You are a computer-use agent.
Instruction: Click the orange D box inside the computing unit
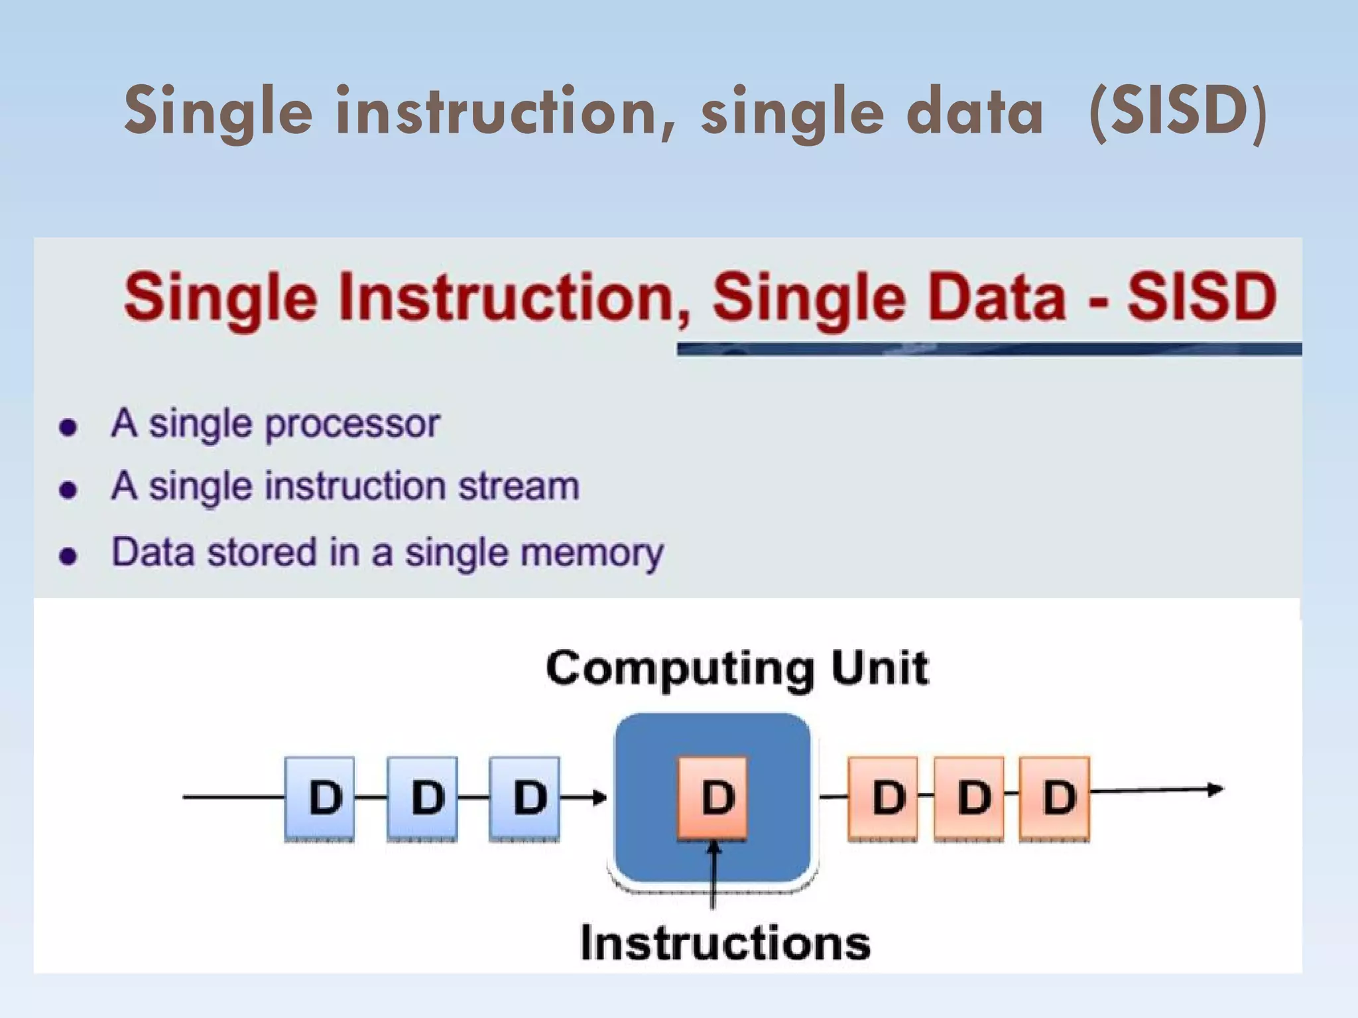click(x=713, y=797)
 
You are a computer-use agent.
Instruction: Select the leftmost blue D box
click(x=320, y=797)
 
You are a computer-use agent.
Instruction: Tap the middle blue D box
click(x=422, y=797)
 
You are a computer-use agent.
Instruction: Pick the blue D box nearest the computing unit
click(x=524, y=797)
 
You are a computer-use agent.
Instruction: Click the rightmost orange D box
click(x=1054, y=797)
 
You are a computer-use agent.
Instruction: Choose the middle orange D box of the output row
click(x=969, y=797)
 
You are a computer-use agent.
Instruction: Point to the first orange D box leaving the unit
click(x=883, y=797)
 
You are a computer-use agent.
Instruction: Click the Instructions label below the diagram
click(x=725, y=942)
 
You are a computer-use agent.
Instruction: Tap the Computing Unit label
click(x=737, y=668)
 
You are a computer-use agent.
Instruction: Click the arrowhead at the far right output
click(x=1216, y=789)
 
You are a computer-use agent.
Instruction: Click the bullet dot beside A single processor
click(x=68, y=427)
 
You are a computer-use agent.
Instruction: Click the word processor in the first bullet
click(x=352, y=424)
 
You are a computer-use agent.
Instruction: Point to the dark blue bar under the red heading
click(x=988, y=349)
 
